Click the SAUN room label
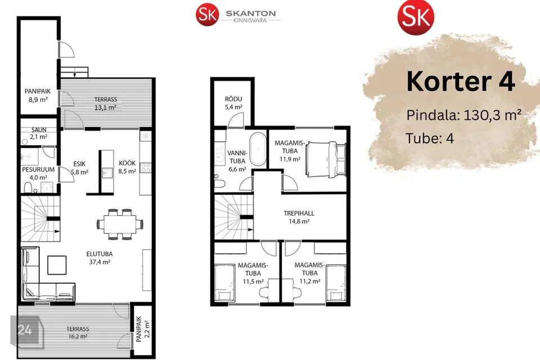point(39,130)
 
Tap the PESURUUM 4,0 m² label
point(38,174)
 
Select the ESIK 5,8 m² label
point(79,168)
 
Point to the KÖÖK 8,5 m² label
point(127,166)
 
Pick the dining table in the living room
point(120,224)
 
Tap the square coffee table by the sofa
point(57,265)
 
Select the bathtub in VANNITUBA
point(258,150)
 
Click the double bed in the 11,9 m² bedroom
point(326,159)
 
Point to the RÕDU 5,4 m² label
point(233,103)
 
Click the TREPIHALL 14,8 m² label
point(299,217)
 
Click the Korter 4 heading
point(461,82)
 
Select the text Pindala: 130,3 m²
point(463,115)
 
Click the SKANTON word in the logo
point(251,13)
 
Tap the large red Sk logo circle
point(416,16)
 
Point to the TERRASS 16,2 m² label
point(78,332)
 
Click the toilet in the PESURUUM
point(28,188)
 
